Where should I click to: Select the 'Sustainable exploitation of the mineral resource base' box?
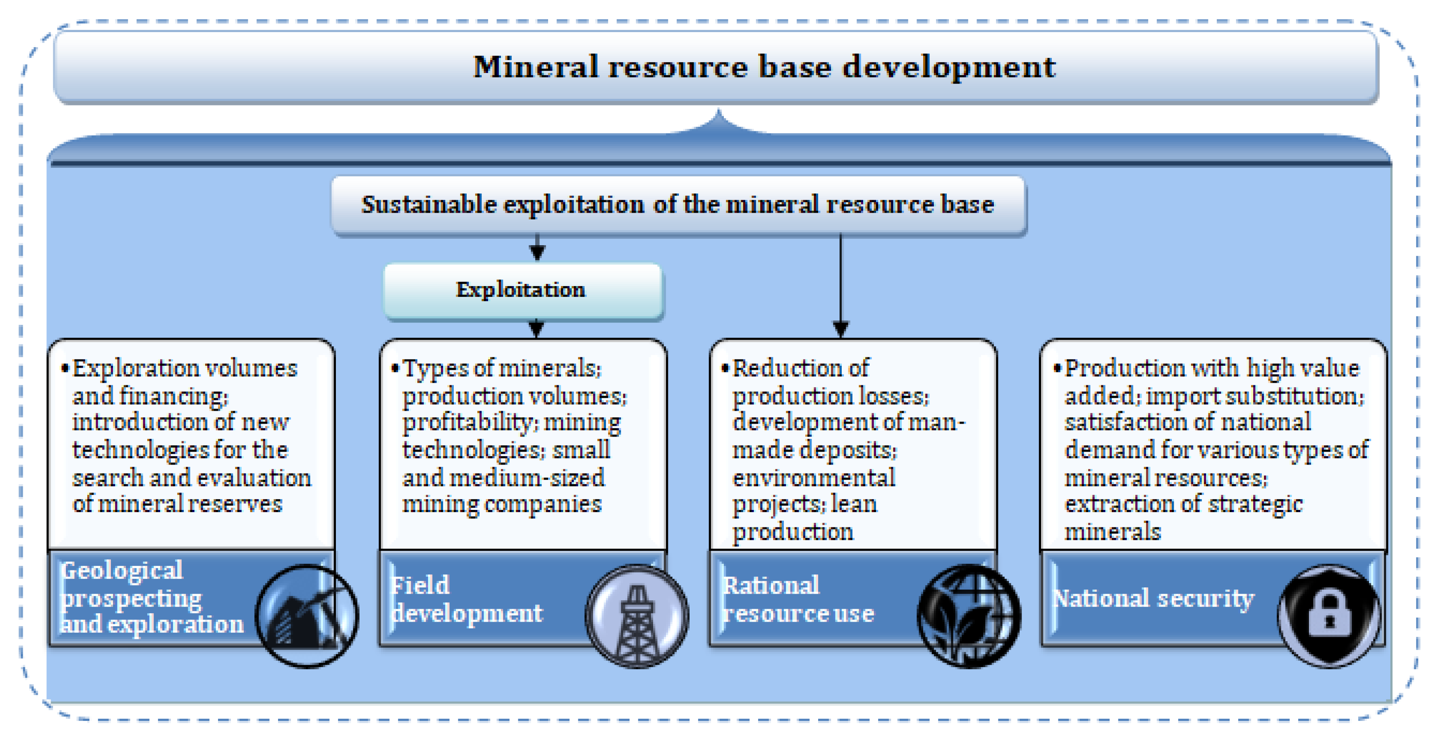678,205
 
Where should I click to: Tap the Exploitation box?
521,290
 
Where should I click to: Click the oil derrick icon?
637,617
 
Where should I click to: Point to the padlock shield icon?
1329,617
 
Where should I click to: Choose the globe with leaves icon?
969,617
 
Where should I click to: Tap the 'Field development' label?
466,599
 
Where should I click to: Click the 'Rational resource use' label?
798,599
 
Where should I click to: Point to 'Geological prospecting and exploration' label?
151,598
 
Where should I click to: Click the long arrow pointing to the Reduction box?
841,285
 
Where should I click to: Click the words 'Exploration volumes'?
185,368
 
